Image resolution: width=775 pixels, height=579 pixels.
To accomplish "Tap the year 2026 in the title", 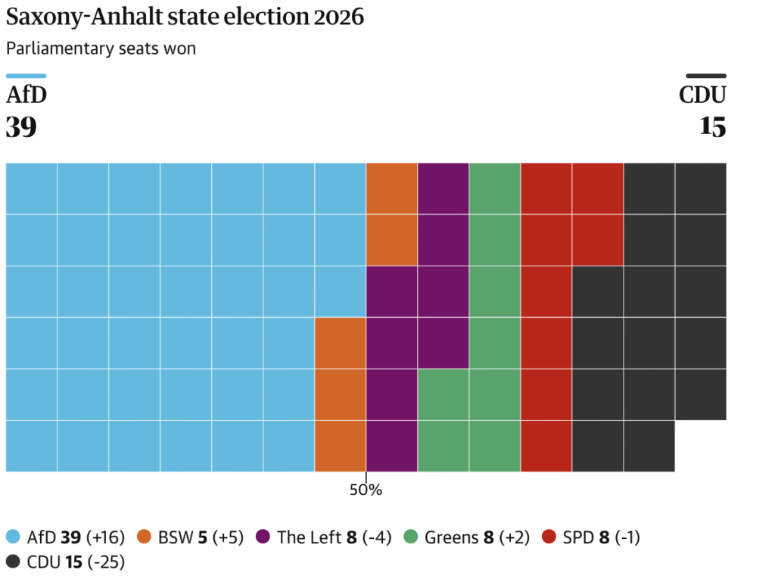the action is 338,17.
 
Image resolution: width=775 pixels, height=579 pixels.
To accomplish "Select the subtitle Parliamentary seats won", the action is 101,48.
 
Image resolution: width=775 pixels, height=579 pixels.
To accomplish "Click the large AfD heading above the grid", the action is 26,95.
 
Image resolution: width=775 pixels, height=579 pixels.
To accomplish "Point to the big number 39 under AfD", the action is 21,126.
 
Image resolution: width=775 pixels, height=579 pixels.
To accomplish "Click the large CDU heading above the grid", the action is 702,95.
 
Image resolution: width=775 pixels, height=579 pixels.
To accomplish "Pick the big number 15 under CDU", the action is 713,126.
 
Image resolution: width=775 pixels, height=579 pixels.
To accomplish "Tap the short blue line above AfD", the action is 26,76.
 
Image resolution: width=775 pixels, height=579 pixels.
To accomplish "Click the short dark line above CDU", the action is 706,76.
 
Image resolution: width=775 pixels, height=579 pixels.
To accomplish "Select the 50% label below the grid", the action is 366,490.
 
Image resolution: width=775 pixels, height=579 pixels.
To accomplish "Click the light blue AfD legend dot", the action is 13,537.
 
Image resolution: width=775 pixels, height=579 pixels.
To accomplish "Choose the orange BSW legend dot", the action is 144,537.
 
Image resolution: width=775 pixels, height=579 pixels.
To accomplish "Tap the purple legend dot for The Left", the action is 263,537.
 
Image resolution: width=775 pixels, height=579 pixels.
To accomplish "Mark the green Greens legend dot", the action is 411,537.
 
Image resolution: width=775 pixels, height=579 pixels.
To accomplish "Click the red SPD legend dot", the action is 549,537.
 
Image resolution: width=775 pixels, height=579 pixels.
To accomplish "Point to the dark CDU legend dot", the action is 13,561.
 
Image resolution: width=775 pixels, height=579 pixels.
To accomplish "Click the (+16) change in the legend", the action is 105,537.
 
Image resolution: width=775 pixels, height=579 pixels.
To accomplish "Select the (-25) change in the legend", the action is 106,562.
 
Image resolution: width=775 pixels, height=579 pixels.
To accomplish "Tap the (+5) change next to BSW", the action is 228,537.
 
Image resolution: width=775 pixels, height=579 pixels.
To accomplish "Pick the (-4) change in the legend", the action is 377,537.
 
